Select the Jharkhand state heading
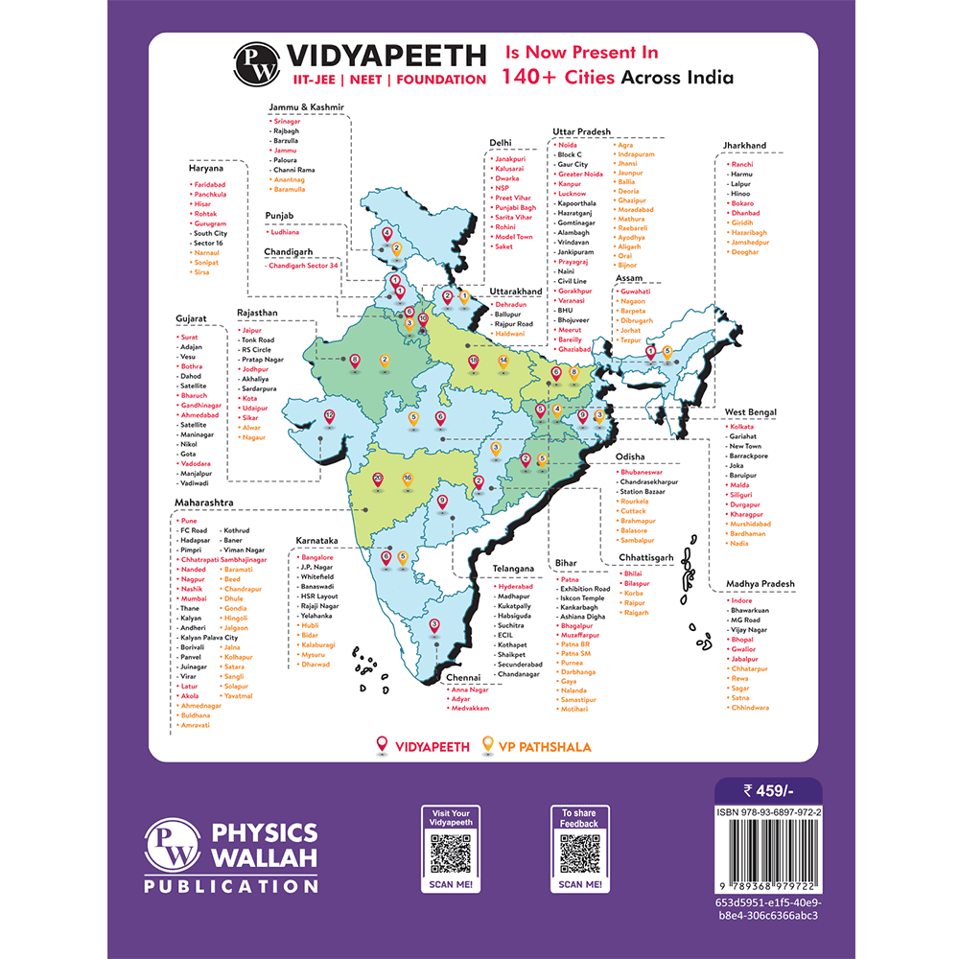coord(744,146)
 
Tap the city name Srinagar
coord(287,122)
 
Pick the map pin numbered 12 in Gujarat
coord(329,416)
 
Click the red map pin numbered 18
coord(474,361)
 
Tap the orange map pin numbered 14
coord(503,361)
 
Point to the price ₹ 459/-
coord(768,790)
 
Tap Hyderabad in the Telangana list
coord(515,586)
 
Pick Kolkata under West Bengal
coord(741,426)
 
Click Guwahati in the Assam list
coord(635,291)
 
